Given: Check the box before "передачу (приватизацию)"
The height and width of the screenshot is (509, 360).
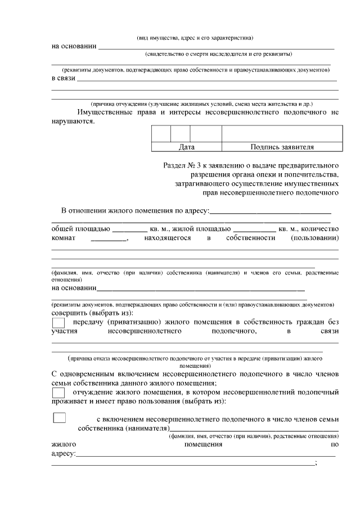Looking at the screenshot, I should click(58, 323).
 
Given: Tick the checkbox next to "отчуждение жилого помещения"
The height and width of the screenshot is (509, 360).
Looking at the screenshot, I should click(58, 392).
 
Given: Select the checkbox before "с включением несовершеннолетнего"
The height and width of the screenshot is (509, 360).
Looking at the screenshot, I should click(59, 418).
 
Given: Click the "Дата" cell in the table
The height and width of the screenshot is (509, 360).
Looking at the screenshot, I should click(186, 147).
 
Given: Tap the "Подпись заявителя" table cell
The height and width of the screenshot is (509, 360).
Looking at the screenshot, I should click(282, 147).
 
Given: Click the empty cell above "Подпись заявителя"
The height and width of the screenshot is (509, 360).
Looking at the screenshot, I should click(282, 134).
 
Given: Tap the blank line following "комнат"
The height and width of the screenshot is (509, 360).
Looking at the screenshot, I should click(109, 240).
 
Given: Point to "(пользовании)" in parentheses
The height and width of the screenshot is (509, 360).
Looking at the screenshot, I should click(314, 238).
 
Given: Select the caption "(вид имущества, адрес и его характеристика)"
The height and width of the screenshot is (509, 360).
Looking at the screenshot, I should click(195, 38).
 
